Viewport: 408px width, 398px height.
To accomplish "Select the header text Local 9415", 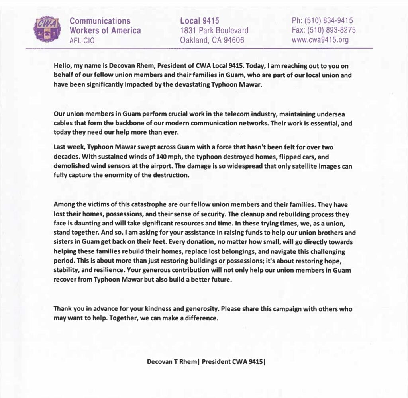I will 200,20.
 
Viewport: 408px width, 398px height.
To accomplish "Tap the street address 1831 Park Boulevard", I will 214,30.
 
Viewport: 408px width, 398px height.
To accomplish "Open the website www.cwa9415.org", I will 320,40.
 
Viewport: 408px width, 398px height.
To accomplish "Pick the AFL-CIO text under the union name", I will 82,40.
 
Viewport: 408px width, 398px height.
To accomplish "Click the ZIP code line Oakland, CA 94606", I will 212,40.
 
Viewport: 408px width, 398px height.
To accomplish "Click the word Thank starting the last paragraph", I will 62,309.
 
